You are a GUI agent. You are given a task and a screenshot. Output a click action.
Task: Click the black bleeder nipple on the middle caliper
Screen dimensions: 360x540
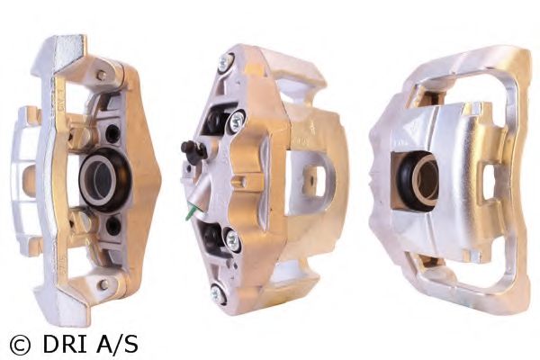coord(189,148)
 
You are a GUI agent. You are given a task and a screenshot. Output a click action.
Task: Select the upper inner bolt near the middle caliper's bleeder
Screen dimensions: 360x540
coord(236,119)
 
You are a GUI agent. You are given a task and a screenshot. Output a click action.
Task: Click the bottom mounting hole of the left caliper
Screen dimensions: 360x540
coord(103,283)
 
